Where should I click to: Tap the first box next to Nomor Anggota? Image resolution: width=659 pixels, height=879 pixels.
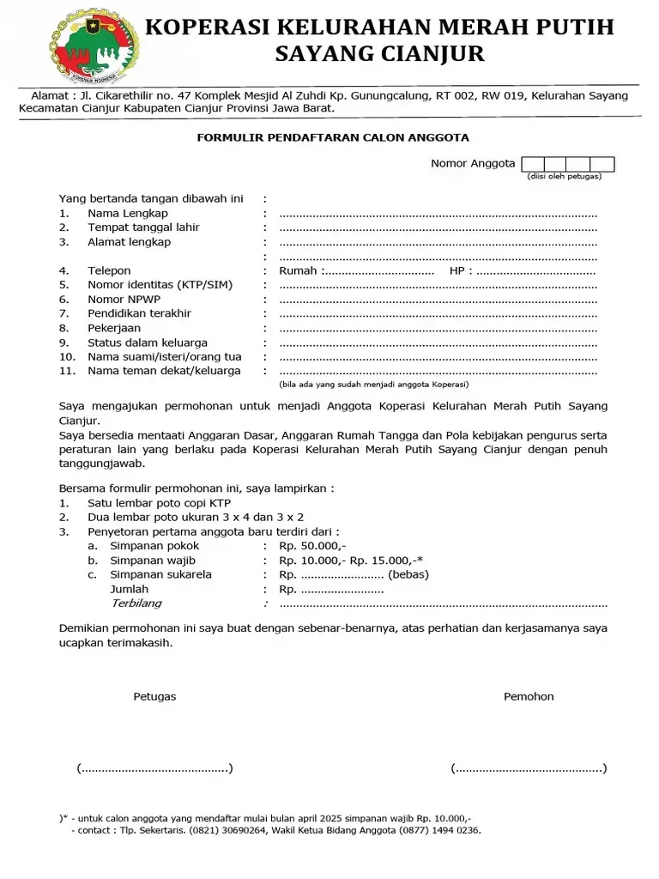[532, 164]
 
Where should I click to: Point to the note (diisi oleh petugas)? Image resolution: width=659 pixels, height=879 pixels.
[564, 177]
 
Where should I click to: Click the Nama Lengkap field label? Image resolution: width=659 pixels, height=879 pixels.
[128, 213]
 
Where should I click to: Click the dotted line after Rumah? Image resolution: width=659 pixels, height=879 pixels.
[378, 271]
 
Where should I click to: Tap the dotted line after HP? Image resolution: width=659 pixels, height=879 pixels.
[536, 271]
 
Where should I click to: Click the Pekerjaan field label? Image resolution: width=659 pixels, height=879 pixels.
[114, 328]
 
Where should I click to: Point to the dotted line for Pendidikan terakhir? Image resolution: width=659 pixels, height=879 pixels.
[438, 314]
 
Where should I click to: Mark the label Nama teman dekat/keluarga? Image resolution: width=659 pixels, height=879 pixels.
[164, 371]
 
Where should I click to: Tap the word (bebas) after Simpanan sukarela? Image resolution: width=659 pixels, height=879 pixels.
[408, 575]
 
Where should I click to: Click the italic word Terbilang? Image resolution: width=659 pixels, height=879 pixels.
[136, 603]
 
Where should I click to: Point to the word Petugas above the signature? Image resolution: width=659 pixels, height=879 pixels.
[154, 697]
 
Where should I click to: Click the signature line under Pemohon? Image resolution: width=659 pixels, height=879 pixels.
[529, 768]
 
